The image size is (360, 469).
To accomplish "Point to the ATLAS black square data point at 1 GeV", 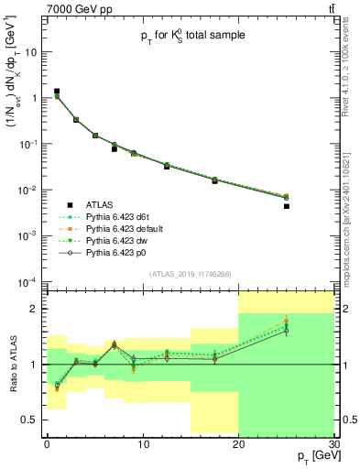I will pos(57,92).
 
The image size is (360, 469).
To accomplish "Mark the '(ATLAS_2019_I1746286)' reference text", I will pos(189,273).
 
